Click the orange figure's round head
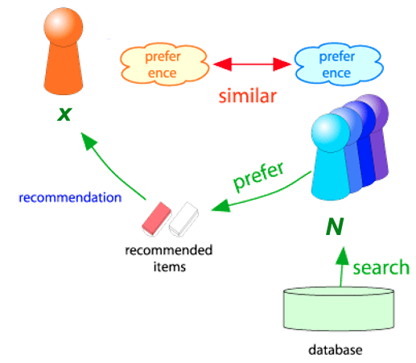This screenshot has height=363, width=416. tap(64, 27)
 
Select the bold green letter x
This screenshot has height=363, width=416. tap(64, 114)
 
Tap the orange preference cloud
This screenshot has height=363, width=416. tap(164, 64)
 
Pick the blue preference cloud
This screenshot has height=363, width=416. tap(339, 64)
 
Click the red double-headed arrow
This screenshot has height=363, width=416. tap(252, 64)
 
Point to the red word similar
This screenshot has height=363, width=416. tap(248, 96)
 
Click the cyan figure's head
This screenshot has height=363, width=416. tap(331, 133)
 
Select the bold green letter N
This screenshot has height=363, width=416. tap(335, 226)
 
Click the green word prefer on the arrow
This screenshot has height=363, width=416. tap(258, 177)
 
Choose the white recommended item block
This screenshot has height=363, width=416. tap(184, 219)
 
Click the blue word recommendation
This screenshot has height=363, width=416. tap(70, 197)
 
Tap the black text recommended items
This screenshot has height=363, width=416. tap(169, 258)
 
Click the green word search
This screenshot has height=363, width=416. tap(381, 267)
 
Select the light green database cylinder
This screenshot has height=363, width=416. tap(339, 308)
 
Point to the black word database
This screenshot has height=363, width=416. tap(336, 350)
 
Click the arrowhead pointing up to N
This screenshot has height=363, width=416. tap(342, 256)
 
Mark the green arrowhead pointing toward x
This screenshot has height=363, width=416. tap(88, 141)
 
